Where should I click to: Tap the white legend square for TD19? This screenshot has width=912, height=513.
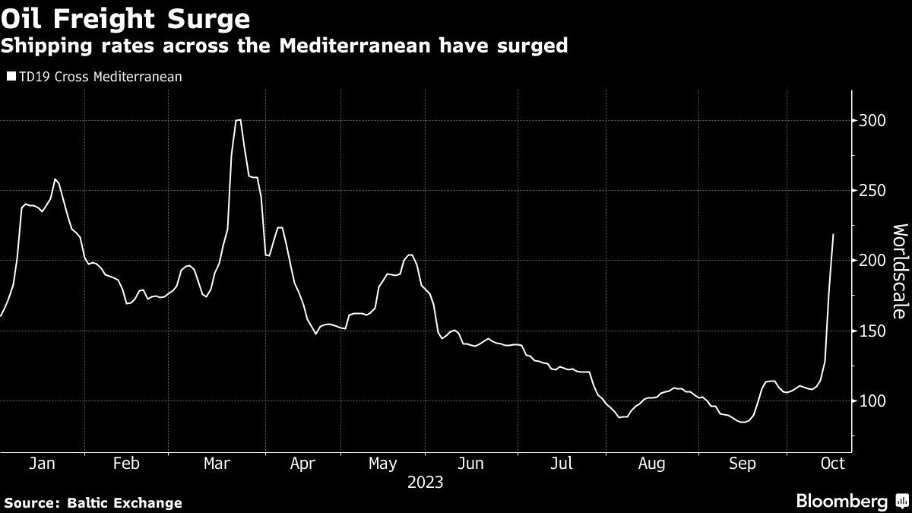pos(11,77)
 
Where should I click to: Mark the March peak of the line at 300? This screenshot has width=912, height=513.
pos(238,120)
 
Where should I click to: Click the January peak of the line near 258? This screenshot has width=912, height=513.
pos(55,179)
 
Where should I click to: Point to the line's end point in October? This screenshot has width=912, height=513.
pos(833,235)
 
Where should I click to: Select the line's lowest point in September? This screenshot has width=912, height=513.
pos(742,421)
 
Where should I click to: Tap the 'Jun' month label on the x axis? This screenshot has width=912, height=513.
pos(471,464)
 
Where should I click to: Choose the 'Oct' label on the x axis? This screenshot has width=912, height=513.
pos(833,464)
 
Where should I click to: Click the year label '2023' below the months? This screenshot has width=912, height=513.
pos(425,483)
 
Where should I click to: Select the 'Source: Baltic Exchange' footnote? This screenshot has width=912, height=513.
pos(93,502)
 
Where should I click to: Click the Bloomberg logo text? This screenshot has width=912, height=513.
pos(841,501)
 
